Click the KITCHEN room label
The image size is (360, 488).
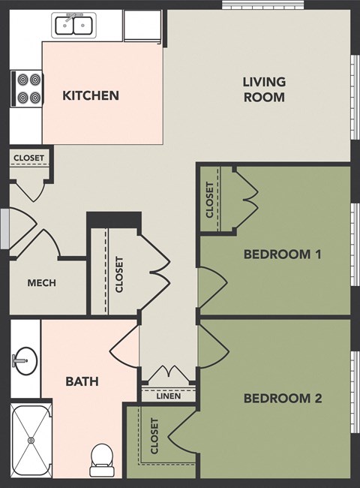click(x=91, y=95)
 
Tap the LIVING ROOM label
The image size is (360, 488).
click(x=263, y=89)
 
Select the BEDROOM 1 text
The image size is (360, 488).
click(x=282, y=255)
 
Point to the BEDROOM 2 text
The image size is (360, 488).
click(x=282, y=398)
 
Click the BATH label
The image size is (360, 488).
click(x=82, y=381)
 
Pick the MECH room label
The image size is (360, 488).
click(x=41, y=283)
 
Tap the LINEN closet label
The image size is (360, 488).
click(x=169, y=396)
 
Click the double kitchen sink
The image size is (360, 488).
click(x=73, y=26)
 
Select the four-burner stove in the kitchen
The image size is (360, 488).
click(x=27, y=88)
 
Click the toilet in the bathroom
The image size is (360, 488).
click(x=100, y=459)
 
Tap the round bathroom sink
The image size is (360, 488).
click(x=25, y=361)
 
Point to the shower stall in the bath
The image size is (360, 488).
click(x=31, y=440)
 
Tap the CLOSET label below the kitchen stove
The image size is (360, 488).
click(x=29, y=158)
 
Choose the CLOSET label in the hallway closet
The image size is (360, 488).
click(x=119, y=275)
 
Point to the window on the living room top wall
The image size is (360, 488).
click(x=262, y=5)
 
